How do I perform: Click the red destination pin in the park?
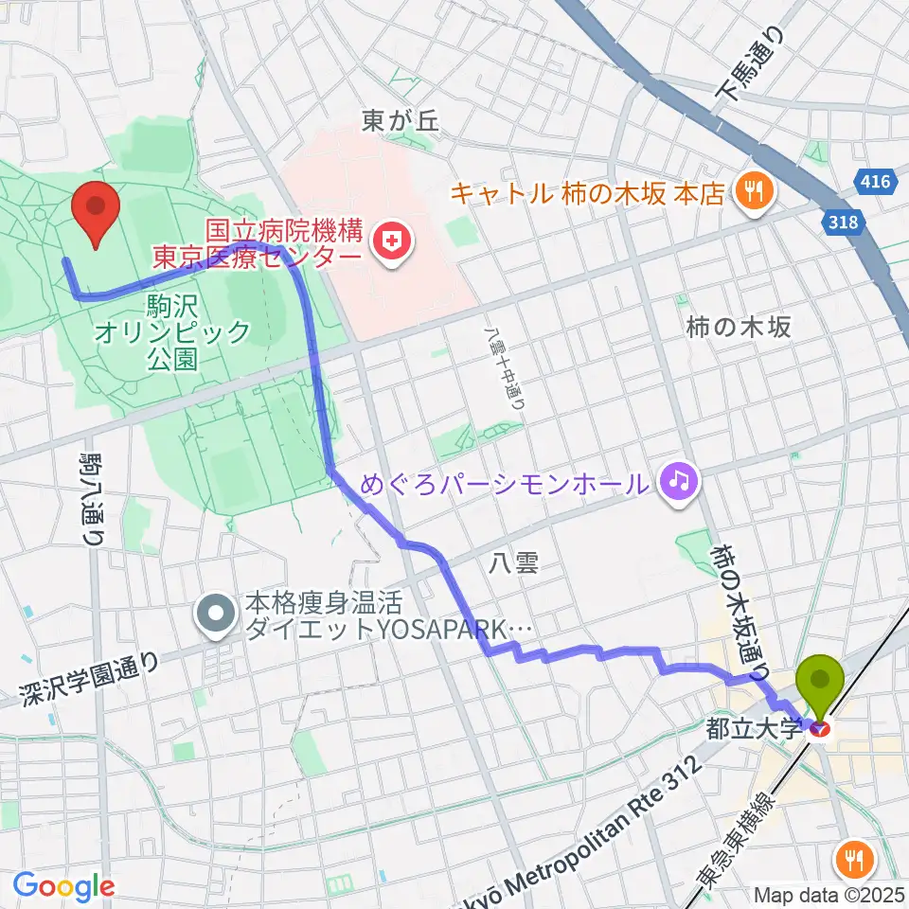pyautogui.click(x=97, y=213)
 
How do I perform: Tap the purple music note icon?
pyautogui.click(x=678, y=483)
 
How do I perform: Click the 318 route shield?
pyautogui.click(x=848, y=223)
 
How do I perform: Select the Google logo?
pyautogui.click(x=62, y=886)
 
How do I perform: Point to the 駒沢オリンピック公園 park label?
pyautogui.click(x=172, y=332)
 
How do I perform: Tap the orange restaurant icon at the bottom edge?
pyautogui.click(x=857, y=861)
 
